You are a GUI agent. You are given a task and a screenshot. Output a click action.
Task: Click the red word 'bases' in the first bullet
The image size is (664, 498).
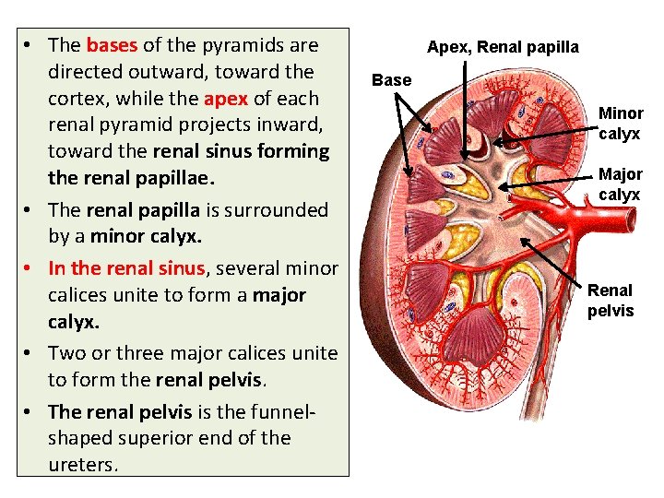[111, 45]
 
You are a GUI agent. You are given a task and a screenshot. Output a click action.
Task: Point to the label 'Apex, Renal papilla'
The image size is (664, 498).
[503, 47]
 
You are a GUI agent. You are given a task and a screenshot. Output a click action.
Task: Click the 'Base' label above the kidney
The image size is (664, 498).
[391, 80]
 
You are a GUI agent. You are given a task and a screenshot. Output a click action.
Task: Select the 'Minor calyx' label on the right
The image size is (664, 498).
[621, 123]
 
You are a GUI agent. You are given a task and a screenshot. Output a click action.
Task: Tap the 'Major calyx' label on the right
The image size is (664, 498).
[621, 184]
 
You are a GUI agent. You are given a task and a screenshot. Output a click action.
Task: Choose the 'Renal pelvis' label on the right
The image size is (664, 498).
[611, 301]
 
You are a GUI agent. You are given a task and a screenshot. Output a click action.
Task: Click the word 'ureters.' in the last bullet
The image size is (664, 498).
[84, 464]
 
